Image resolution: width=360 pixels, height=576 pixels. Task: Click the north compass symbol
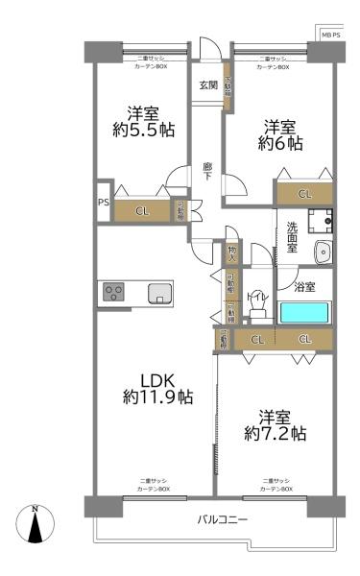[x=36, y=525]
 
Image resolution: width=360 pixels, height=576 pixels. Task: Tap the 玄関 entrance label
[x=208, y=85]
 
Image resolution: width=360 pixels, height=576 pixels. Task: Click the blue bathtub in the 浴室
[x=304, y=312]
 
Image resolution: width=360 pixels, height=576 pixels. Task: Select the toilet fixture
[x=256, y=302]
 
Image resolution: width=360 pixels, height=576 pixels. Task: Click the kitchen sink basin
[x=160, y=292]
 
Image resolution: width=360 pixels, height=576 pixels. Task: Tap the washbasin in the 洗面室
[x=323, y=252]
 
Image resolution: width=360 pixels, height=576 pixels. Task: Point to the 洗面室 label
[x=292, y=238]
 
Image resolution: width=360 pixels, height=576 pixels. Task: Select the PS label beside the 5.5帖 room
[x=102, y=203]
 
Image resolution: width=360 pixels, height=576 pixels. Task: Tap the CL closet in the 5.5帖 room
[x=141, y=211]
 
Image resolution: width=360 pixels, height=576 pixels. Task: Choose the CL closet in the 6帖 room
[x=304, y=194]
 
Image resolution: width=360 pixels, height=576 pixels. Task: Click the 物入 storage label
[x=231, y=252]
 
